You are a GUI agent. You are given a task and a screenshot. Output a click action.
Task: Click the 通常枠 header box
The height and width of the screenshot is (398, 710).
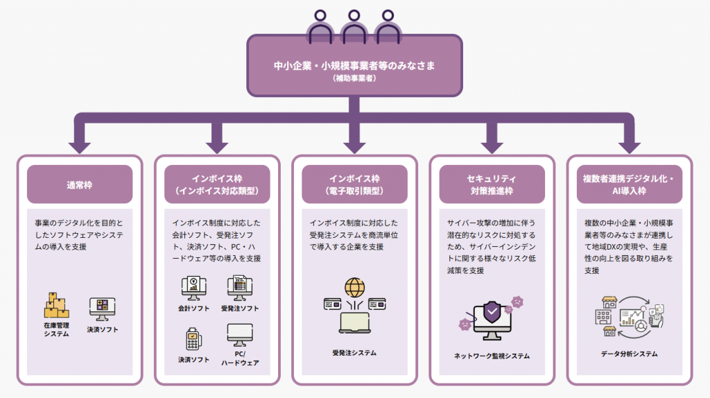click(79, 184)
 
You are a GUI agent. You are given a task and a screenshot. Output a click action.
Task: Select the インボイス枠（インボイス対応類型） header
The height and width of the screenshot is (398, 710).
click(216, 184)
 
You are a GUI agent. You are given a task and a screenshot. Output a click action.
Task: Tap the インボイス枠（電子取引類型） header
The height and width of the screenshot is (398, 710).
click(354, 184)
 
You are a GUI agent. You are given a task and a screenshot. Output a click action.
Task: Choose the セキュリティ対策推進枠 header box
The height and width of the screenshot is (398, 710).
click(492, 184)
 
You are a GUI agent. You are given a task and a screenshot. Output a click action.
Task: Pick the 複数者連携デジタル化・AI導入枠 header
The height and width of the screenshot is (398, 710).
click(629, 184)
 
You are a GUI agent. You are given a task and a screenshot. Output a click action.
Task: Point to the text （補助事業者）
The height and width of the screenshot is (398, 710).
click(354, 79)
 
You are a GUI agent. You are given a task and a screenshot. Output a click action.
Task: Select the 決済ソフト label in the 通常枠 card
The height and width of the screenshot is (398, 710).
click(103, 329)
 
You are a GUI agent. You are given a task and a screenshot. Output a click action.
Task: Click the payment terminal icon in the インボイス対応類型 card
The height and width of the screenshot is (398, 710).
click(193, 339)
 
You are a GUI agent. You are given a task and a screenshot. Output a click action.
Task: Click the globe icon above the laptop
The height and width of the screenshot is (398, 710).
click(354, 286)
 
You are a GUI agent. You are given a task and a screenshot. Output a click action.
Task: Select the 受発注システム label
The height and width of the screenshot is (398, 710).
click(354, 353)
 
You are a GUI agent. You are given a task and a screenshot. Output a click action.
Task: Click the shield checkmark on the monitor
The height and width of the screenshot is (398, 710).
click(492, 313)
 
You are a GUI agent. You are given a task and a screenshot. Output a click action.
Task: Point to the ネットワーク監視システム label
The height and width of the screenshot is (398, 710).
click(492, 356)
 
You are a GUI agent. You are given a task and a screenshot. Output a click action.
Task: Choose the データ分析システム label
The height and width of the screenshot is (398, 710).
click(630, 354)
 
